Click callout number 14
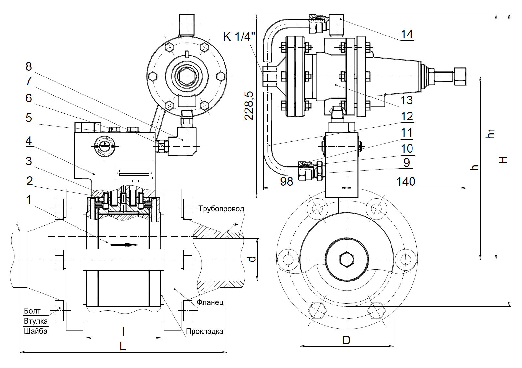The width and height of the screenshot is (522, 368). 407,34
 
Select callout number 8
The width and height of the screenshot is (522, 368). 29,67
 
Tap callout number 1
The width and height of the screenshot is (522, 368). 29,200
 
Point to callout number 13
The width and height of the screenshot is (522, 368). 407,100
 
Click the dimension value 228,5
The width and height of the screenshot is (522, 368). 249,106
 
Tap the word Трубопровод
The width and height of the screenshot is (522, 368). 221,209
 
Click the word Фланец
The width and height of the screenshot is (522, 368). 210,302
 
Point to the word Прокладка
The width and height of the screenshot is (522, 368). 204,331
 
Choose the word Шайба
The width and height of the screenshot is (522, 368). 36,331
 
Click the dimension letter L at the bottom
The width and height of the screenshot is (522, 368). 123,346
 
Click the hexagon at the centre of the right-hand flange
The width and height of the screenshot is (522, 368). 346,259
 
